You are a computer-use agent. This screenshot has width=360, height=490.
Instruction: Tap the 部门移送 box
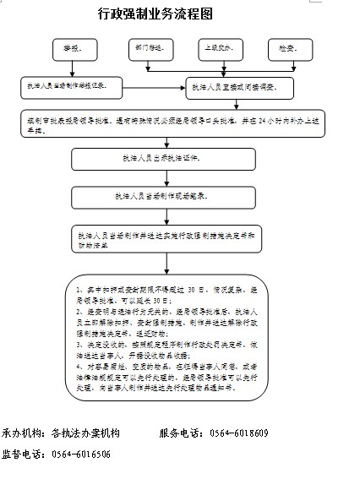tap(149, 50)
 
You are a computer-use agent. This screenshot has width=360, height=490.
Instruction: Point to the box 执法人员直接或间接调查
tap(242, 87)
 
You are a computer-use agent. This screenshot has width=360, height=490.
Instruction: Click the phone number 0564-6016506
tap(81, 454)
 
